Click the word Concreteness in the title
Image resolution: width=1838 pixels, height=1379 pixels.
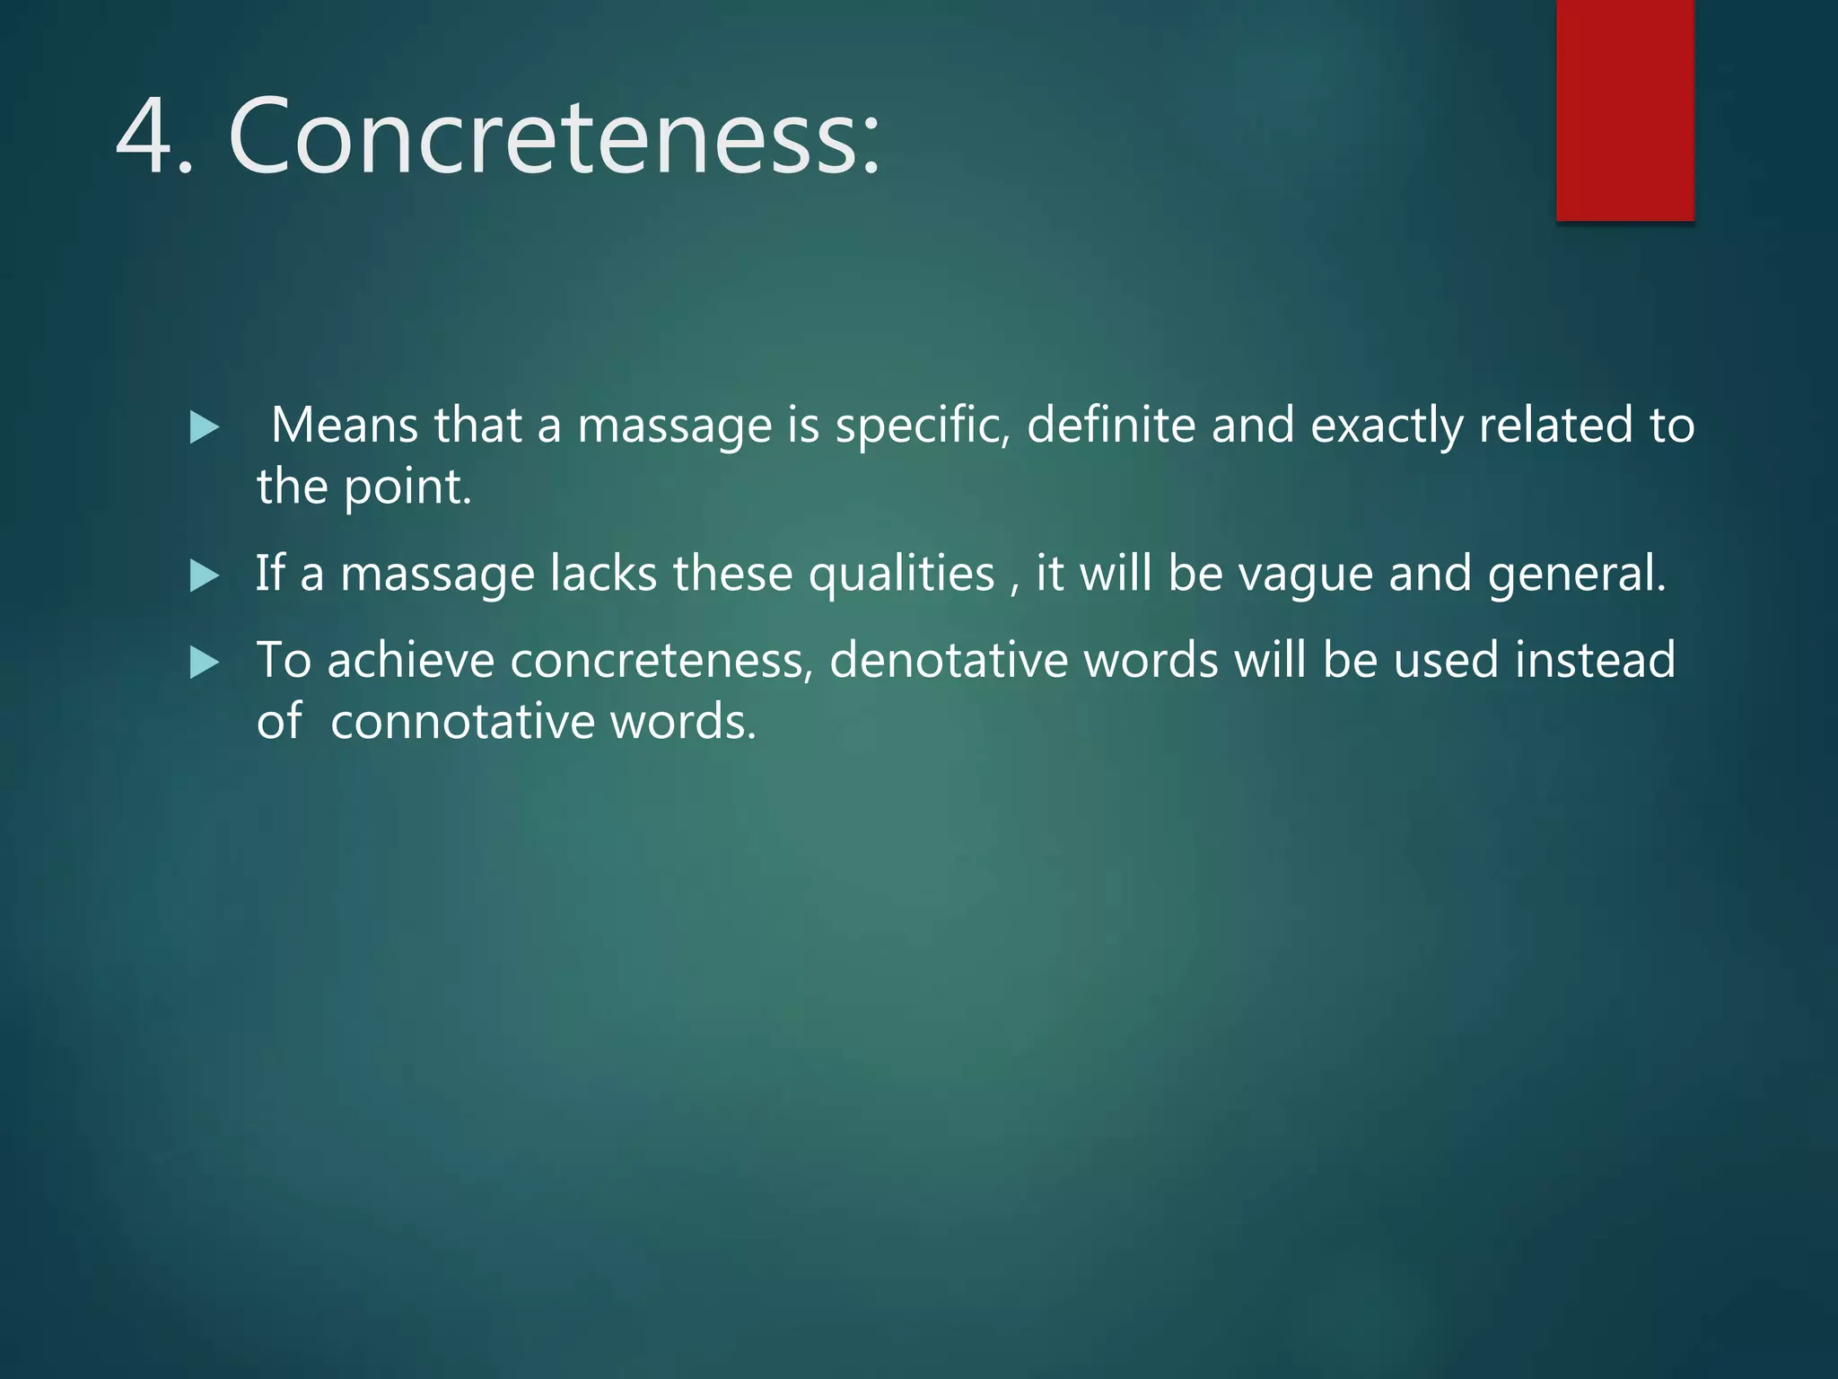[555, 136]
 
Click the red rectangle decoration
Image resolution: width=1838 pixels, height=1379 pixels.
[1624, 110]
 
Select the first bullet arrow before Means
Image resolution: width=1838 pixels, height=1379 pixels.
[205, 427]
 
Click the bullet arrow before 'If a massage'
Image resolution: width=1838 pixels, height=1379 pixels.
[205, 575]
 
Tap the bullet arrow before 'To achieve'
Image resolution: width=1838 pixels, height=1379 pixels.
[205, 663]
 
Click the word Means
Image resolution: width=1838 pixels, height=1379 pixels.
[344, 425]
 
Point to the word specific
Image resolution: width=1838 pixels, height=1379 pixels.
[922, 426]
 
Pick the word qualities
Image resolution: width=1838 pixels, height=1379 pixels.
[901, 575]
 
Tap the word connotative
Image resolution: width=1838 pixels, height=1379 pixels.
[462, 722]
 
